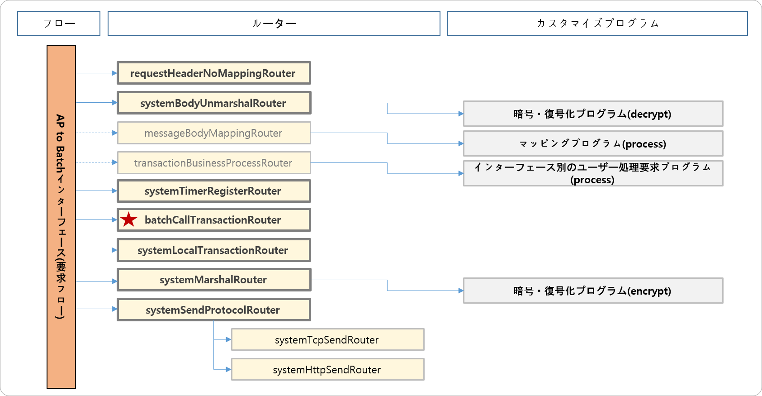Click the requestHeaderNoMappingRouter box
(213, 73)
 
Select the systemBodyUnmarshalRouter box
(213, 103)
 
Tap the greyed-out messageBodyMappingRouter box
(213, 133)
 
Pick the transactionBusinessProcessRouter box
(213, 163)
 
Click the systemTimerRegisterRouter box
(213, 191)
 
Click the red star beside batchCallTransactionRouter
(129, 220)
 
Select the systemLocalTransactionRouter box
(213, 250)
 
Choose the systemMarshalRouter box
(213, 280)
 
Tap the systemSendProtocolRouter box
(213, 310)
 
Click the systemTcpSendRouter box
(327, 340)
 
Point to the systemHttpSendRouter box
(327, 370)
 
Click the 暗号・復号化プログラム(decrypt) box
(593, 114)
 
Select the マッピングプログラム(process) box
(593, 143)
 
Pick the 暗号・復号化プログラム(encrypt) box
(593, 291)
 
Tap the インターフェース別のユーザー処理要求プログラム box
(593, 173)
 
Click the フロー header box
(59, 24)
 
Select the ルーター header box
(274, 24)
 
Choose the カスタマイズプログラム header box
(597, 24)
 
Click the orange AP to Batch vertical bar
(61, 217)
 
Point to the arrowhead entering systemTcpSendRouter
(228, 339)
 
